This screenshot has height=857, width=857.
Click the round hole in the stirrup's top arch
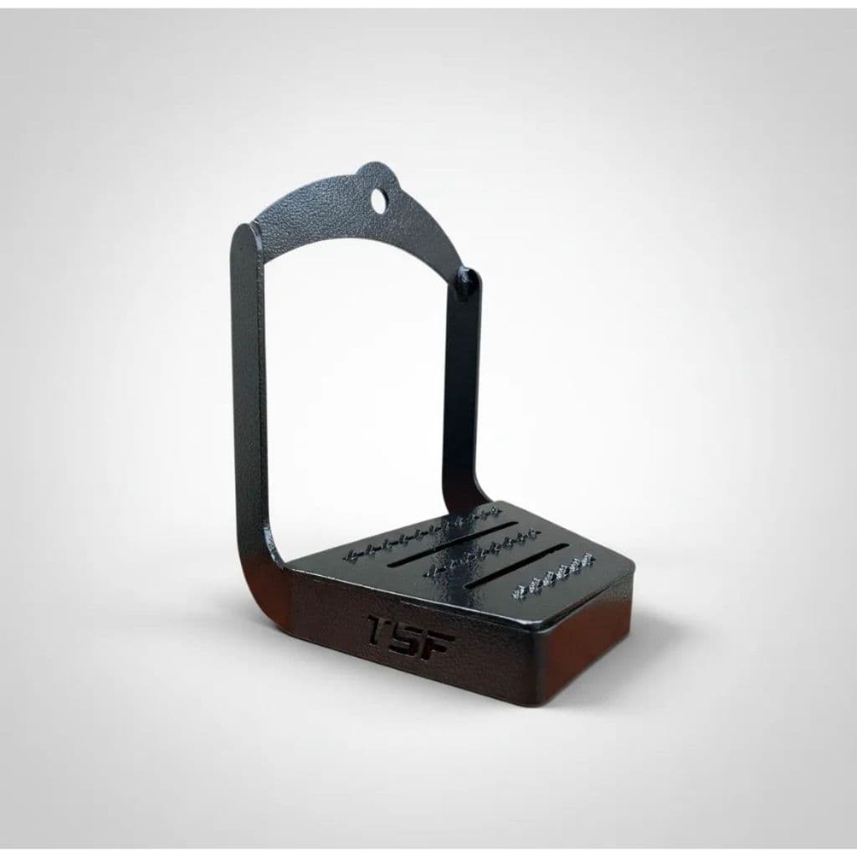tap(377, 198)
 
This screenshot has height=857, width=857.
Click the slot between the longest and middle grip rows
tap(453, 544)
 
